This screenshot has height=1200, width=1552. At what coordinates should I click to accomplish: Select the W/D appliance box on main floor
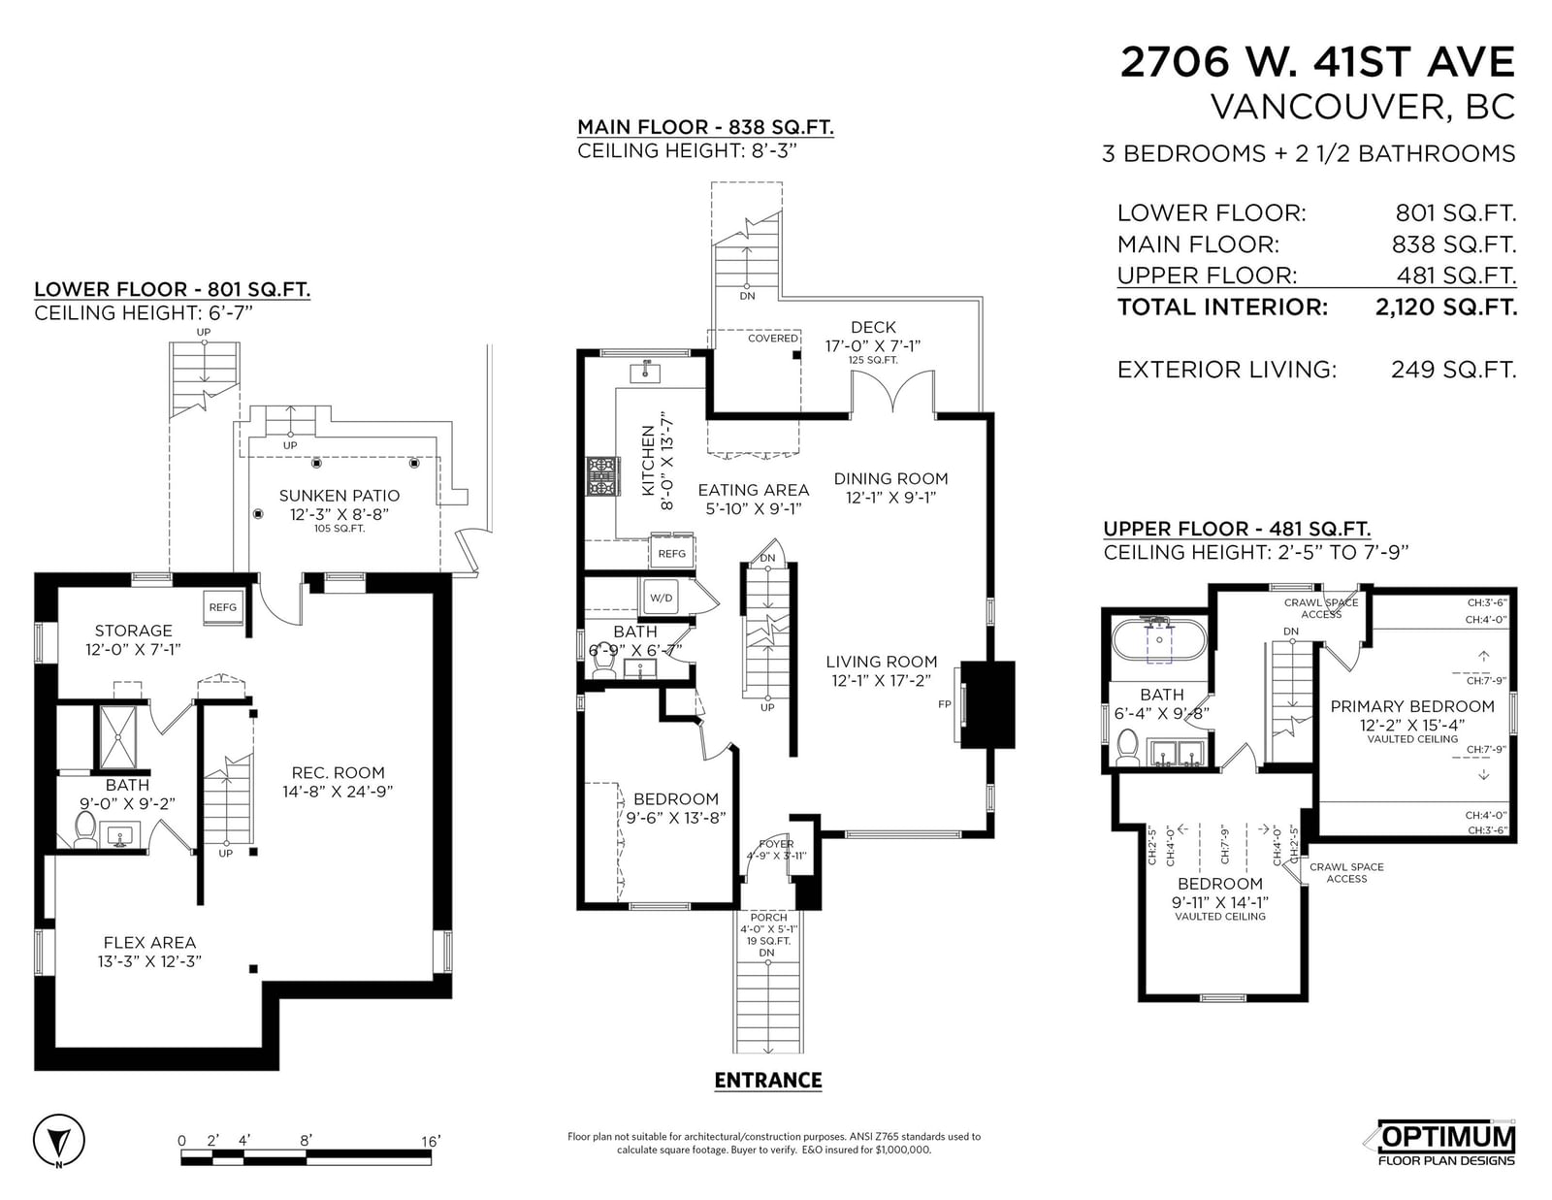click(x=661, y=598)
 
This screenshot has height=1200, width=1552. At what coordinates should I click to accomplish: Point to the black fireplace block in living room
click(x=987, y=704)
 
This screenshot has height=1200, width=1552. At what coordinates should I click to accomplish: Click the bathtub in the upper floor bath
click(x=1159, y=639)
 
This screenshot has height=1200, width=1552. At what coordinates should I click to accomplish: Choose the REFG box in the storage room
click(x=223, y=607)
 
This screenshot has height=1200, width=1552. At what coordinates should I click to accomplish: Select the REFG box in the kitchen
click(x=671, y=553)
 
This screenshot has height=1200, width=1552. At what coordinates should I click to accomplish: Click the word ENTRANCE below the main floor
click(x=768, y=1080)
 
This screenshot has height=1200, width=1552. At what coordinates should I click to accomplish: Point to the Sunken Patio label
click(x=339, y=495)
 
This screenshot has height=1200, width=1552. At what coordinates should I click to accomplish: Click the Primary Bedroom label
click(x=1412, y=705)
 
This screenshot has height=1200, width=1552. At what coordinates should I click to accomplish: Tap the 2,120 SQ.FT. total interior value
click(x=1445, y=307)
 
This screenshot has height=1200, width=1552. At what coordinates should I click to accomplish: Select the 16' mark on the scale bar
click(x=430, y=1141)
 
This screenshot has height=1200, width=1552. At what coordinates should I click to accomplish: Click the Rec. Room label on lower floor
click(x=338, y=772)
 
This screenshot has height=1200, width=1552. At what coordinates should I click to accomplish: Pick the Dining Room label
click(x=890, y=478)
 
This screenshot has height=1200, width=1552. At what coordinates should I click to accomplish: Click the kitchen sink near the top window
click(x=645, y=373)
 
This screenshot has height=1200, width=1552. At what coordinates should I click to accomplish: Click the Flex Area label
click(x=149, y=942)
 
